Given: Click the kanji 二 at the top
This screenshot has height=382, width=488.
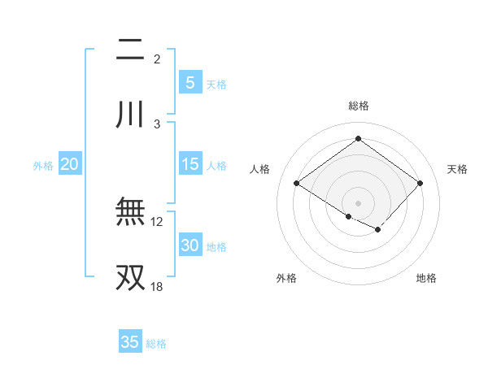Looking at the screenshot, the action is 130,51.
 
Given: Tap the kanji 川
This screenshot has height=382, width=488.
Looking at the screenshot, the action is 130,115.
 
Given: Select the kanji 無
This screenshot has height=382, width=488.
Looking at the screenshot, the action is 130,213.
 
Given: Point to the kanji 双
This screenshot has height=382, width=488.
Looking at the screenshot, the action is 130,277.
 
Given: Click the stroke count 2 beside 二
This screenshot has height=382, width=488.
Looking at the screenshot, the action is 157,59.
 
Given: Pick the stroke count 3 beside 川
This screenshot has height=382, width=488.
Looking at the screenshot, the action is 157,124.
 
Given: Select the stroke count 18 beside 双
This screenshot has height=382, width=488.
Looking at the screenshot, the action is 157,286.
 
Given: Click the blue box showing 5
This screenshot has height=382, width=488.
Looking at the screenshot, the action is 190,82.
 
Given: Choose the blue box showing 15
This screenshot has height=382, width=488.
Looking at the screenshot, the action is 190,164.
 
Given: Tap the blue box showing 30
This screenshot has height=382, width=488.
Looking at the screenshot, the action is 190,245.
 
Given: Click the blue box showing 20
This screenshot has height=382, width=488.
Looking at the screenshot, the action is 70,164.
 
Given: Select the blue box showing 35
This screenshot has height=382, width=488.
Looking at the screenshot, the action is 130,342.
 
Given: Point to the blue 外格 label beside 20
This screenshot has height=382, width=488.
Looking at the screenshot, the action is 43,166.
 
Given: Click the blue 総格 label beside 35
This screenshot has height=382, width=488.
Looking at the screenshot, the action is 156,344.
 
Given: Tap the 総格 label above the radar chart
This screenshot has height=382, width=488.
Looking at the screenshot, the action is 358,106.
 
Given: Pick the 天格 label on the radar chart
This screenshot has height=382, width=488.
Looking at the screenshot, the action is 457,169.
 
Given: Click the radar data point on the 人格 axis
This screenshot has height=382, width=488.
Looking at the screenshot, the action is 297,184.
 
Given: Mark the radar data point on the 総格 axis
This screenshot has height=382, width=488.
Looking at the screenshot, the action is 358,139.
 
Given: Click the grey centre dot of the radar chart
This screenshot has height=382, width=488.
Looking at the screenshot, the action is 358,202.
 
